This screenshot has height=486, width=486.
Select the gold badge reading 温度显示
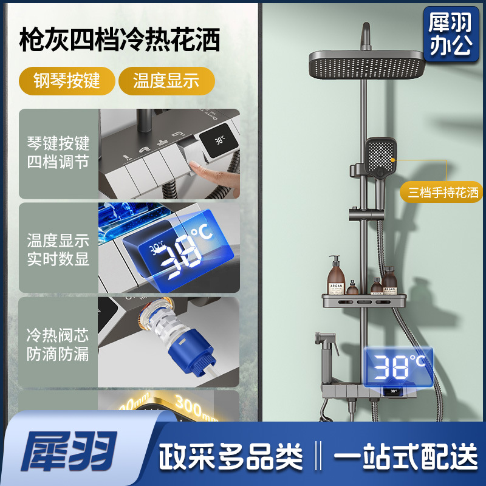pos(166,81)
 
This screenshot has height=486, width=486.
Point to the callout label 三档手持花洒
pos(443,193)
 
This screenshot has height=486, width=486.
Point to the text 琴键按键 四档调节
pos(58,153)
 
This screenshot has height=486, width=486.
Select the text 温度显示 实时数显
pos(58,249)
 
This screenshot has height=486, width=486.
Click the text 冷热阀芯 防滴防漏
pos(58,344)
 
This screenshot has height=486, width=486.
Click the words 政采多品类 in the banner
pos(231,454)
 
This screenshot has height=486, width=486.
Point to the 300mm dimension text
pos(194,404)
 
